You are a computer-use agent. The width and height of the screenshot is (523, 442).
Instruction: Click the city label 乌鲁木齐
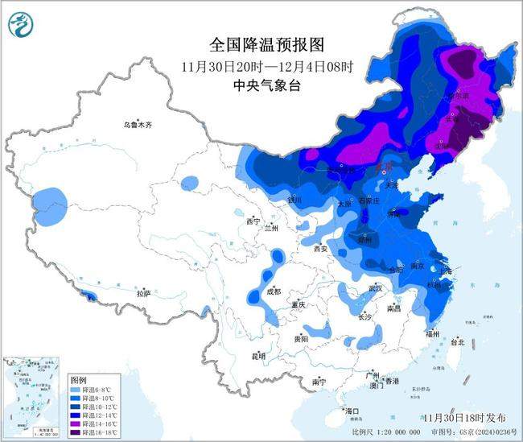[137, 125]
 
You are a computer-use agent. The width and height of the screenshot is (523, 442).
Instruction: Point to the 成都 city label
[272, 291]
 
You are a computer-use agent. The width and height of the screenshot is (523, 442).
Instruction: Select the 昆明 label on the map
[258, 355]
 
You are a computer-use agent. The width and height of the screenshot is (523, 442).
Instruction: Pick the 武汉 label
[374, 287]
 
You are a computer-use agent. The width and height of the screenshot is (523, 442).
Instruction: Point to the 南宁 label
[319, 382]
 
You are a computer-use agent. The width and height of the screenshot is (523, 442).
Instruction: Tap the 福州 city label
[434, 332]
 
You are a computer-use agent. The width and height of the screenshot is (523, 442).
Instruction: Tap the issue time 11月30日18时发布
[465, 418]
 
